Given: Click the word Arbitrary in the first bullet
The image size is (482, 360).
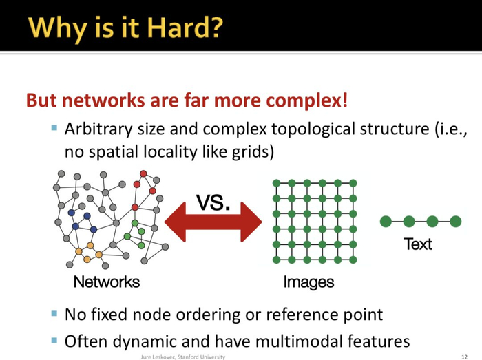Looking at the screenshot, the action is (96, 129).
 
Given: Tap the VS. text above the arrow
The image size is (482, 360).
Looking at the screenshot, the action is (213, 202).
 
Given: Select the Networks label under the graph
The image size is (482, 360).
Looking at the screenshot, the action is (106, 282).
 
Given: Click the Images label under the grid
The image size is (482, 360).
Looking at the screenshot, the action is (308, 282).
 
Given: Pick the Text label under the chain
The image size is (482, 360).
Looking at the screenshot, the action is (418, 244).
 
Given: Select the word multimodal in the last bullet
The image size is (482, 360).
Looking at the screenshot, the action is (304, 341).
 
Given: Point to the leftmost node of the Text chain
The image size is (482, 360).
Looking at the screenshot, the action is (386, 221).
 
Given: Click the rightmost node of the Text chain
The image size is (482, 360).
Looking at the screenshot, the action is (455, 221).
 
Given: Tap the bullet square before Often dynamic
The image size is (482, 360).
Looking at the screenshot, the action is (54, 340).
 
